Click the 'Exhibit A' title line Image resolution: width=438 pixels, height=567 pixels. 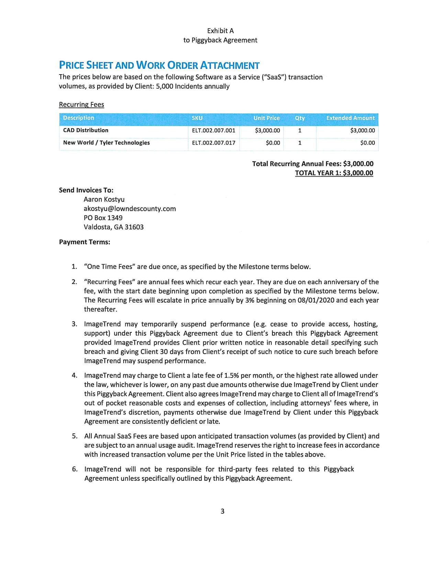pos(220,31)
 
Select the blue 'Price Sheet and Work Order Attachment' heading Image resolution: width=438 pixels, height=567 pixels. pos(159,65)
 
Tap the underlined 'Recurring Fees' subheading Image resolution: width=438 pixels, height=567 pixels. pos(81,105)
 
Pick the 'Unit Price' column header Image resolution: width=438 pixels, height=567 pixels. pos(266,118)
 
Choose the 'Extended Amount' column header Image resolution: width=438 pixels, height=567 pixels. pos(350,118)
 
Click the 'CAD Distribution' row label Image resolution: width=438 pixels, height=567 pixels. pos(86,131)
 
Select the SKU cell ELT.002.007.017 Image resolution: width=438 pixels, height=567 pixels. pos(213,143)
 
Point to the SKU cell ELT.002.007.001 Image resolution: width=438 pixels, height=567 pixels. pos(213,131)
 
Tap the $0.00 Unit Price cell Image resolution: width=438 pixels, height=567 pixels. pos(273,143)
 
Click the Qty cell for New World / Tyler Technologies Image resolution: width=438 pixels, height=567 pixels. pos(300,143)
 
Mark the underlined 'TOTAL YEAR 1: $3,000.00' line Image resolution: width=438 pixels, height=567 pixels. pos(334,173)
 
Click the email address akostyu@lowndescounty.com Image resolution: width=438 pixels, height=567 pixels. pos(130,209)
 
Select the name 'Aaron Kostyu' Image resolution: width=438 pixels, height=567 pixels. pos(104,200)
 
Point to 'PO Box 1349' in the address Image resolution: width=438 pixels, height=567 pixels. pos(103,218)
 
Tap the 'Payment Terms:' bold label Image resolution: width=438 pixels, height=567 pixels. pos(85,242)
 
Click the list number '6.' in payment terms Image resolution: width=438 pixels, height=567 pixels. pos(75,469)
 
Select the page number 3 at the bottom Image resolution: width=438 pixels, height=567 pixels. pos(222,511)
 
